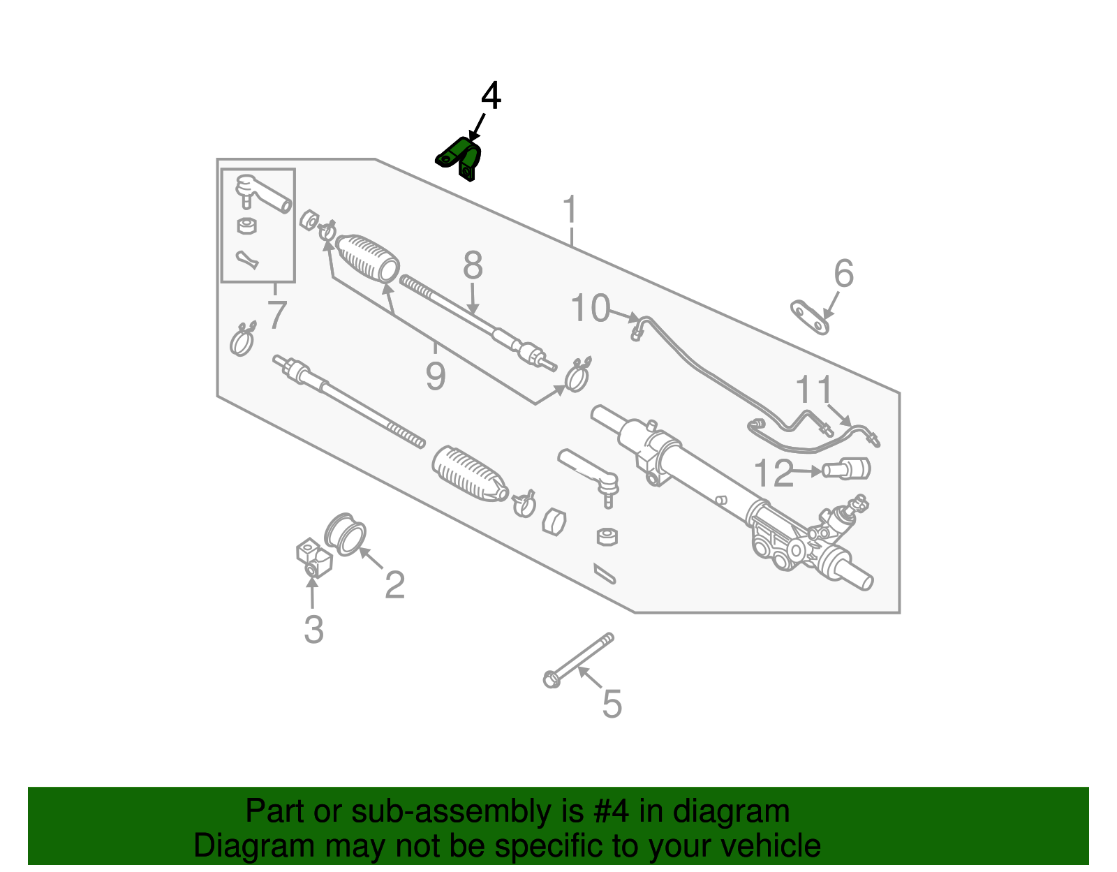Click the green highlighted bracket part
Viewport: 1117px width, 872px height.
[x=460, y=158]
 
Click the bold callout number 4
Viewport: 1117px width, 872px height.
[x=491, y=96]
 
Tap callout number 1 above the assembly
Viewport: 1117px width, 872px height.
[x=570, y=210]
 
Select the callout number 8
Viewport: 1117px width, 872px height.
[x=473, y=266]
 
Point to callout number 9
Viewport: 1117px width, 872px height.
[x=435, y=376]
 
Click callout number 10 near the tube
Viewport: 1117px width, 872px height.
[x=591, y=308]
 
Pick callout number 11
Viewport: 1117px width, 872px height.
[x=814, y=390]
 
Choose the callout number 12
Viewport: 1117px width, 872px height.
[x=774, y=474]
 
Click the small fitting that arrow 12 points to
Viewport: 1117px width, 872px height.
[x=847, y=468]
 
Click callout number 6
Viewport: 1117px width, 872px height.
[x=843, y=274]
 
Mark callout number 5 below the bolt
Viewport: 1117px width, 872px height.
[x=612, y=704]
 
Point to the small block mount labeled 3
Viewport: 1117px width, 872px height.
[x=313, y=558]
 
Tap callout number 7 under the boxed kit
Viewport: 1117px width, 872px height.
[x=277, y=315]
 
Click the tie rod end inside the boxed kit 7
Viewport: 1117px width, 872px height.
[x=262, y=193]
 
